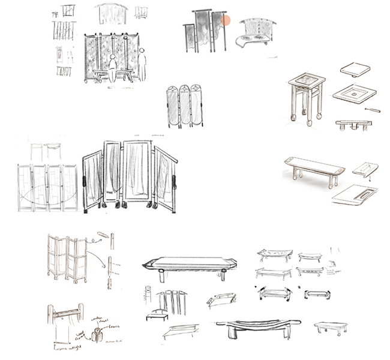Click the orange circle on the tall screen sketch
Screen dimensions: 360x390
pyautogui.click(x=226, y=21)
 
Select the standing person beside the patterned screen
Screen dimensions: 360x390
pyautogui.click(x=142, y=65)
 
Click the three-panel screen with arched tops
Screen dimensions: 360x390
pyautogui.click(x=185, y=106)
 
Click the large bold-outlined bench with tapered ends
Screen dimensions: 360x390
pyautogui.click(x=190, y=263)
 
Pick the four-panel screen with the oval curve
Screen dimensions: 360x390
pyautogui.click(x=47, y=186)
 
